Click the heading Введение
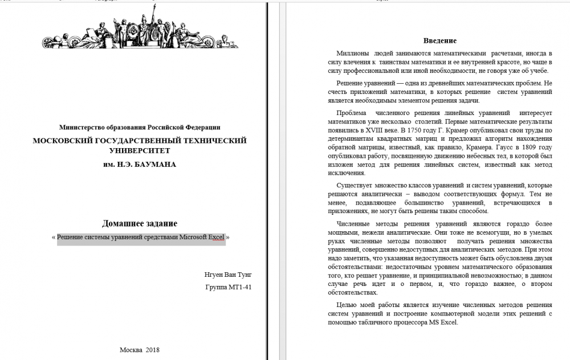coord(440,41)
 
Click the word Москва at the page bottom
coord(131,349)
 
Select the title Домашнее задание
coord(140,223)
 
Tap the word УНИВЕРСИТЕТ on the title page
coord(140,151)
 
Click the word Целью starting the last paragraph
coord(347,305)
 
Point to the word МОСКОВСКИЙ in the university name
coord(64,141)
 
